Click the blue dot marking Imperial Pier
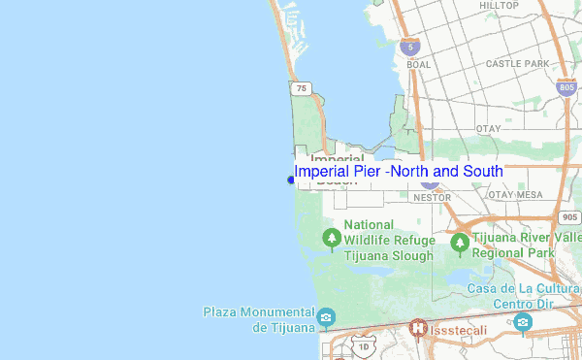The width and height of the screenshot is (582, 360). coord(291,180)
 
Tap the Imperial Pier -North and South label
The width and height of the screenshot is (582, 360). coord(399,172)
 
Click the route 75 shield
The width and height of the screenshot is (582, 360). coord(302,88)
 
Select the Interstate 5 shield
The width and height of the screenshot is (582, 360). coord(411,46)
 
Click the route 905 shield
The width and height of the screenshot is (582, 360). coord(570,217)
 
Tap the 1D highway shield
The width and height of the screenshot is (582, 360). coord(362,346)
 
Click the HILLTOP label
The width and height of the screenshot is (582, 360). coord(499,6)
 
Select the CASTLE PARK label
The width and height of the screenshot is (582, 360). coord(517,64)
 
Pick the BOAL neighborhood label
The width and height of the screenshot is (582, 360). coord(419,65)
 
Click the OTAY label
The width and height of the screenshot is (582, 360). coord(488,128)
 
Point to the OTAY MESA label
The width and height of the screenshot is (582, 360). coord(515,195)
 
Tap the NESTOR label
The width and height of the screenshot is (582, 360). coord(432,197)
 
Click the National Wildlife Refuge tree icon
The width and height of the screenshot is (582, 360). coord(332,237)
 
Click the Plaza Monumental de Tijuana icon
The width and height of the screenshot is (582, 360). coord(327,317)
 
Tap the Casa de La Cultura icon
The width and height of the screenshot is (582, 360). coord(524,321)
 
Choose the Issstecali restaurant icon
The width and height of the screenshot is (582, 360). coord(418,329)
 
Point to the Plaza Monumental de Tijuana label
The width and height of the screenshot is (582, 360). coord(259,319)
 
